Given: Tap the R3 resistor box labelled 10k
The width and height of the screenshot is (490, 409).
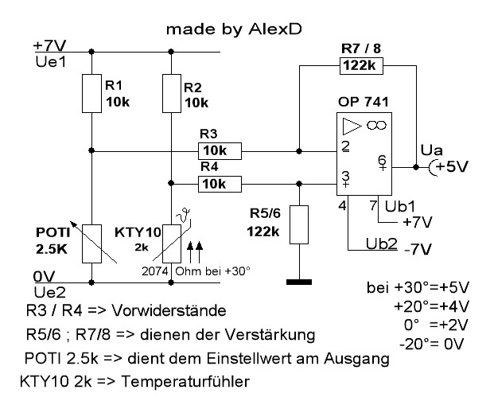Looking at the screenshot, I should coord(220,149).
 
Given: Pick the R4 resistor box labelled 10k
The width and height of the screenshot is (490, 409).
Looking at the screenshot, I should coord(220,184).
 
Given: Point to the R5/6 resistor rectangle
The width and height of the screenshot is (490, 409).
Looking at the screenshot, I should coord(298,225).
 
